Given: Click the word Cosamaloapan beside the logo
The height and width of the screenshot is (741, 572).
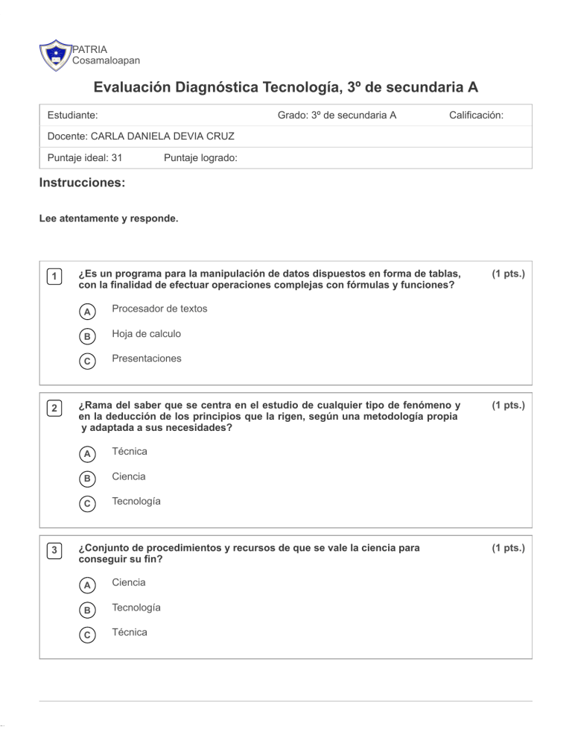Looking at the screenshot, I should [105, 60].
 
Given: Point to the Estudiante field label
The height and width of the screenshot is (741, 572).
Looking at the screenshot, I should [72, 116].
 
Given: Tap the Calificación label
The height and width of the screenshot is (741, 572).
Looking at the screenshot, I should [477, 116].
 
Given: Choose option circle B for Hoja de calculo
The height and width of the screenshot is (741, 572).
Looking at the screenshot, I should [87, 336].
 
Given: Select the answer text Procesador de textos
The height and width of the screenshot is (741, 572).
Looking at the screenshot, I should [159, 309].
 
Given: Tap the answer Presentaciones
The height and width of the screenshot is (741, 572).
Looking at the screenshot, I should [146, 359].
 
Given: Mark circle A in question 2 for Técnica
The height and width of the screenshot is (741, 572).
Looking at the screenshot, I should [87, 453].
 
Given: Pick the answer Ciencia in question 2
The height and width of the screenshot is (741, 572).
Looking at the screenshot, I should [128, 476].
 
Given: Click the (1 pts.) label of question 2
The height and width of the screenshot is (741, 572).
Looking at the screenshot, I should [508, 405].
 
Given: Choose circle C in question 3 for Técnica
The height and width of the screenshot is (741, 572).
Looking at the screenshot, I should [87, 634].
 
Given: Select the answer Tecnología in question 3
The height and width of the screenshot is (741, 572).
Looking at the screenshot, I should [136, 608].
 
